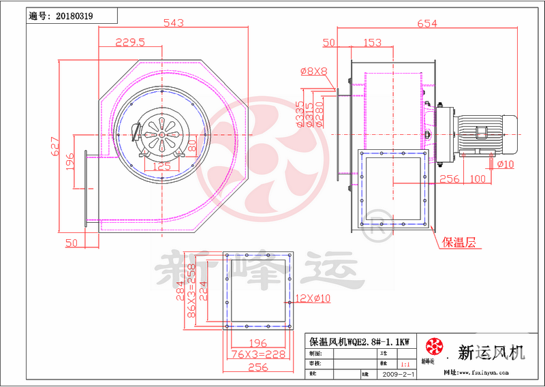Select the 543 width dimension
tap(173, 22)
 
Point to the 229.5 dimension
tap(131, 42)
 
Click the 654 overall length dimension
tap(426, 24)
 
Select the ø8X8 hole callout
tap(314, 71)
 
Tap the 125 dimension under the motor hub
tap(161, 166)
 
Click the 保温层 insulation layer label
tap(459, 242)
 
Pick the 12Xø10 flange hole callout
tap(313, 298)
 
